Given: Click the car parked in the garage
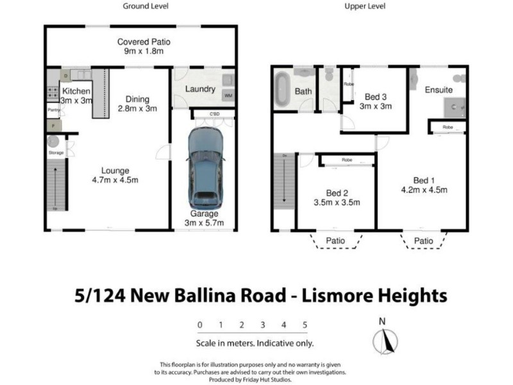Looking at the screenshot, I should pos(205,167).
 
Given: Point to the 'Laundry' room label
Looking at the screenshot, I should pos(199,89).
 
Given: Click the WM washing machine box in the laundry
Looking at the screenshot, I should pos(228,96).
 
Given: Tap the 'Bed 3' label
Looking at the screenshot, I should pos(374,97).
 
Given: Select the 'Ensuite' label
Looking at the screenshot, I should pos(439,90).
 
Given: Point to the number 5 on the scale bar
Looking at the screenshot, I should pos(305,325).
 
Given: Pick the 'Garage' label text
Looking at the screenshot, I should pos(204,214).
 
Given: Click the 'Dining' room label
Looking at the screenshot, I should pos(137,99).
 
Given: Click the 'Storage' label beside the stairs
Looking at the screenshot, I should pos(56,153).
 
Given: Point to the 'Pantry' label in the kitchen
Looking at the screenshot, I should pos(54,110).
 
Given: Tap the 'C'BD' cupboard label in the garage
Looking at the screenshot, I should pos(214,115).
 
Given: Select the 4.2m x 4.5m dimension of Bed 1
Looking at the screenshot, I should pos(424,189).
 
